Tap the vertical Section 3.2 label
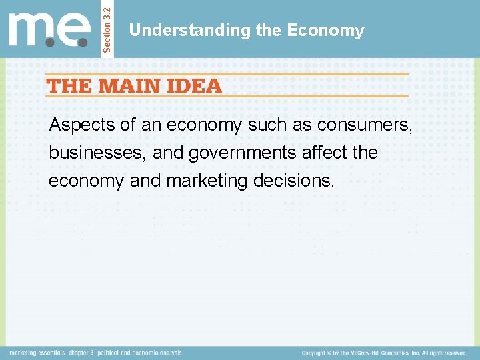(x=108, y=28)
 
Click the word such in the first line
(x=269, y=125)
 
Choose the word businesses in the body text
(x=97, y=153)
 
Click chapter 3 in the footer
(x=82, y=353)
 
